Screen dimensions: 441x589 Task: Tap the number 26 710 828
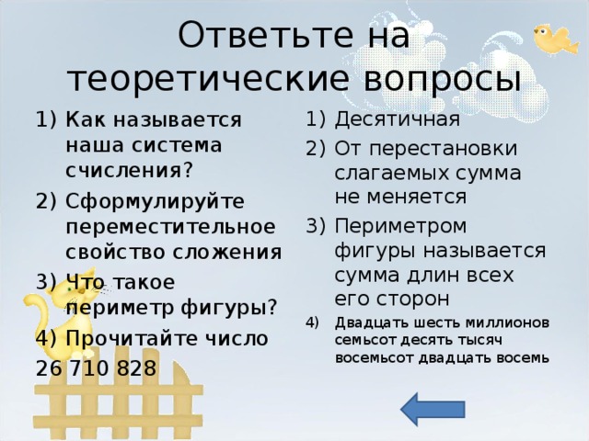pos(96,368)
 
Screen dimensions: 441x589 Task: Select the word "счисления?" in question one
pos(128,170)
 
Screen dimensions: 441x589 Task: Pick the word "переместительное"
pos(169,225)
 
